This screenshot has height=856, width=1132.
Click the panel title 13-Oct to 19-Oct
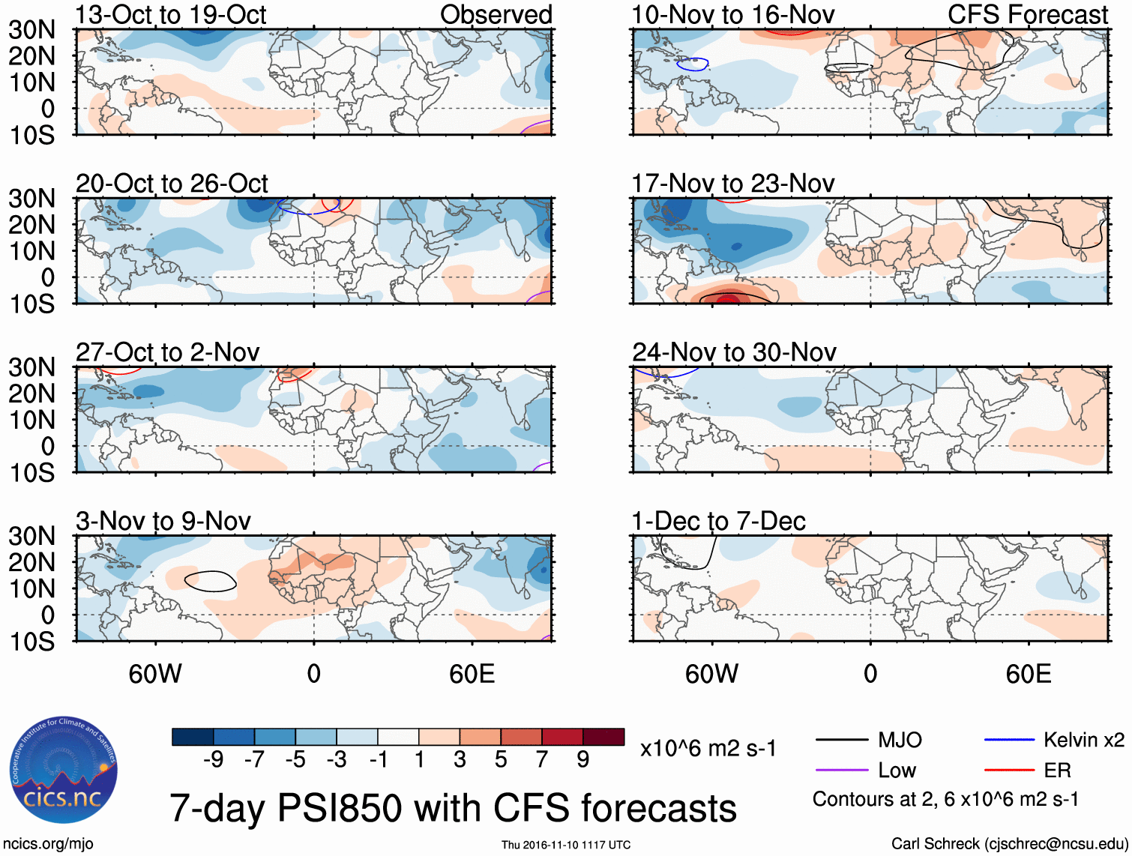coord(171,15)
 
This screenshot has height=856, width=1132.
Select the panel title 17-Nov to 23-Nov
coord(732,184)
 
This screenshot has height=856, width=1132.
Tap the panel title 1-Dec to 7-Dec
coord(718,521)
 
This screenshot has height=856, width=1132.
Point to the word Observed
coord(496,15)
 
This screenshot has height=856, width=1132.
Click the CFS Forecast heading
coord(1027,15)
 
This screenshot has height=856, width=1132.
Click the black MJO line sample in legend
coord(842,741)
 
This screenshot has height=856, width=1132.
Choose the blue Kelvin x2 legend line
coord(1009,741)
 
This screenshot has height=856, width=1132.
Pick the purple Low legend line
coord(842,771)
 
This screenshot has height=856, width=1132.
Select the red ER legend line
coord(1009,771)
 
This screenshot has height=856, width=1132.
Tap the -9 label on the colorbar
coord(214,760)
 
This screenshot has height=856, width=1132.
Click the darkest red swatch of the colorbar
coord(603,737)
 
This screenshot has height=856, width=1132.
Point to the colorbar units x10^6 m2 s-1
coord(708,748)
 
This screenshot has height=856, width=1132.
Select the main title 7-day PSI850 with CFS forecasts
coord(453,809)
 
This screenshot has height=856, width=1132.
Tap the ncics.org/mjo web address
coord(48,844)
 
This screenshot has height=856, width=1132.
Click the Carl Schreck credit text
coord(1009,844)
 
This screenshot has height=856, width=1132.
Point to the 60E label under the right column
coord(1028,674)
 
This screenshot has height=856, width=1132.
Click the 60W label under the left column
coord(155,674)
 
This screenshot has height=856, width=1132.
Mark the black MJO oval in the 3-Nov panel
coord(210,581)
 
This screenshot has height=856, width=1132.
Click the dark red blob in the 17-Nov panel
coord(728,299)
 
